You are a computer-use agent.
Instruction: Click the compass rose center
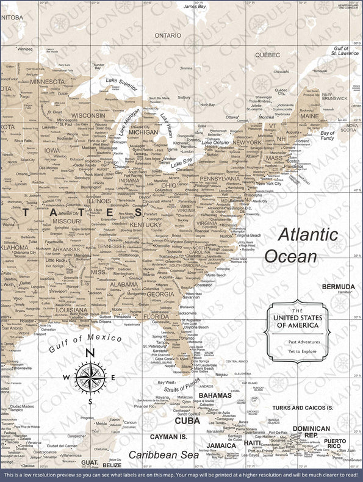(x=90, y=377)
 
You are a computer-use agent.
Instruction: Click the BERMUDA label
(x=338, y=286)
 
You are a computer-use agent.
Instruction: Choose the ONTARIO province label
(x=168, y=35)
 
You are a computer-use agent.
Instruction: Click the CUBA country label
(x=187, y=420)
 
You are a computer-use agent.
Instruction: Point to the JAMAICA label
(x=221, y=445)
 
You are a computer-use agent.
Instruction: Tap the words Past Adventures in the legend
(x=297, y=342)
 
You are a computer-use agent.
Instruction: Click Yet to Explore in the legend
(x=297, y=352)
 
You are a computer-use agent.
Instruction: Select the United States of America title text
(x=297, y=322)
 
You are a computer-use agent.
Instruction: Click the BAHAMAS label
(x=215, y=395)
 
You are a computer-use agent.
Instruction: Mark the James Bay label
(x=195, y=6)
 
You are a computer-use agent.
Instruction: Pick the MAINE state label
(x=309, y=116)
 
